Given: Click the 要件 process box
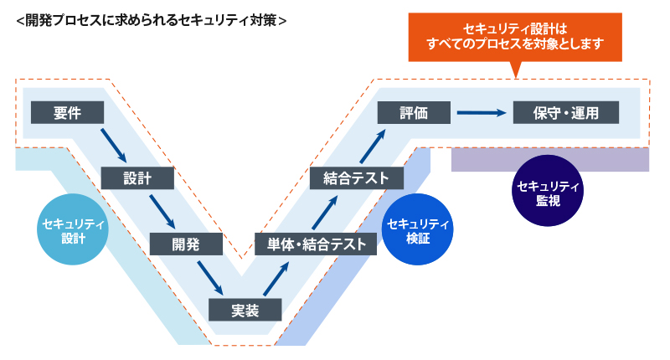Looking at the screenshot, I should (x=67, y=113).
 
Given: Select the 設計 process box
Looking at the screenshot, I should (x=137, y=178).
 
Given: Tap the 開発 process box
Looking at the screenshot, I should (x=186, y=244).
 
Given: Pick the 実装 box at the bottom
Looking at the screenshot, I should (x=245, y=310).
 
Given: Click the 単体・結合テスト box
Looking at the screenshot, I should (x=317, y=244).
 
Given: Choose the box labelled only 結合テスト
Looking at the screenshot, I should (x=350, y=178).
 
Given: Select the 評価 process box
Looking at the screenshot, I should (x=415, y=113).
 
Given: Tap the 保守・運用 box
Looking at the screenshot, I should (x=566, y=113).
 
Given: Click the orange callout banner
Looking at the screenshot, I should (x=515, y=37).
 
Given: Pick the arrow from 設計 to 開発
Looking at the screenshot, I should (x=162, y=211).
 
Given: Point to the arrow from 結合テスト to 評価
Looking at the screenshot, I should (x=374, y=146).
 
